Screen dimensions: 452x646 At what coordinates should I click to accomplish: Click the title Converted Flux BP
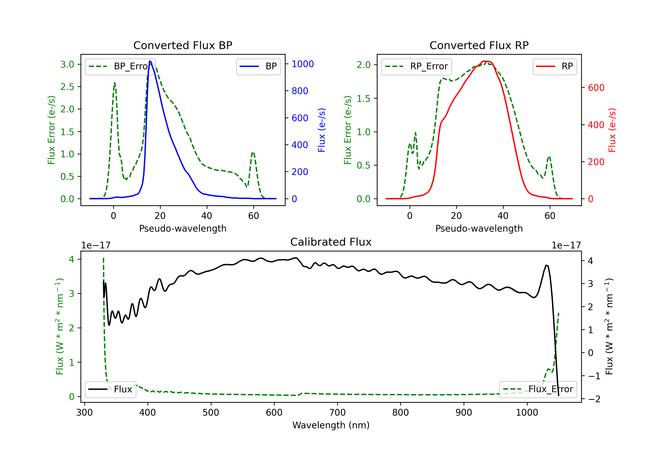183,45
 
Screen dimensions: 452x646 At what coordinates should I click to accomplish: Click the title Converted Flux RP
479,45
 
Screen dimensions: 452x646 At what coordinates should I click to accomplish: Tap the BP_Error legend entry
120,66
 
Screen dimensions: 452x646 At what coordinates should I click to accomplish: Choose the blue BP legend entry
259,66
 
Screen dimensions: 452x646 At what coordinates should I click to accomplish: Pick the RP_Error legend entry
416,66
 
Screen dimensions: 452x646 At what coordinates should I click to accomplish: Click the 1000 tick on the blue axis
303,64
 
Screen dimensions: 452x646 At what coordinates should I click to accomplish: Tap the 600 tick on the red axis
596,88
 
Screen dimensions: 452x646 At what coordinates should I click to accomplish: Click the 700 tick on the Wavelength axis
337,413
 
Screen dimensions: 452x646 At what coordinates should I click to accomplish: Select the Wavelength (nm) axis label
331,425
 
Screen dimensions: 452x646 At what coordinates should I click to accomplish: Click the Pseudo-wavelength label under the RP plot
479,228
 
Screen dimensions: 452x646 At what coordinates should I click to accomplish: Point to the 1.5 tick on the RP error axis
363,98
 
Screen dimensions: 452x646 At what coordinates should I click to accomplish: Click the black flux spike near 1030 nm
546,266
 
